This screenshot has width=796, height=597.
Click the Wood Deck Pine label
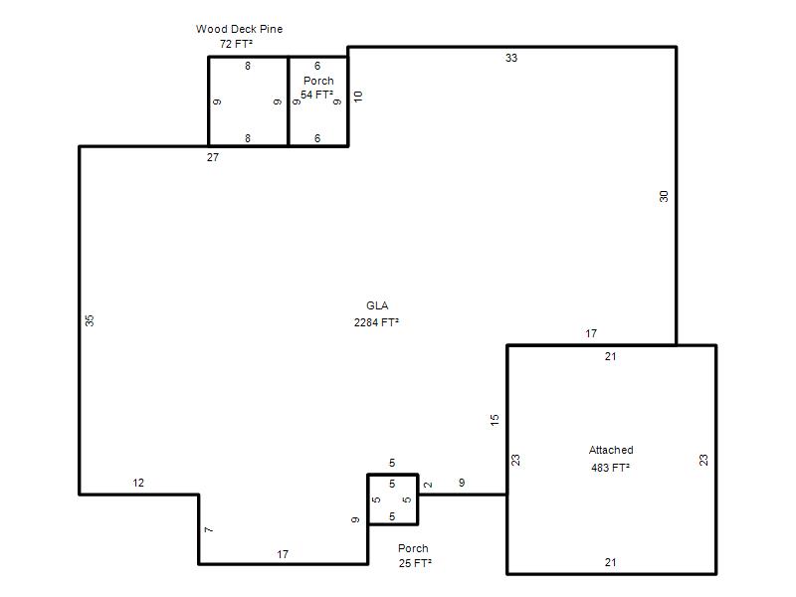[x=239, y=29]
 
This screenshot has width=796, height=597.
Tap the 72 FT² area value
[x=236, y=44]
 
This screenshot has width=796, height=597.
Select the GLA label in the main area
[x=377, y=305]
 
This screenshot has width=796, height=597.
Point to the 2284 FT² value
[x=376, y=322]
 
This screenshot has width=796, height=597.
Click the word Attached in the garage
[x=611, y=450]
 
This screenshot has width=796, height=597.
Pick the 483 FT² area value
[x=610, y=468]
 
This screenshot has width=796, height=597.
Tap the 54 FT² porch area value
[x=316, y=95]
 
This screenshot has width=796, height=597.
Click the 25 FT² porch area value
[x=415, y=563]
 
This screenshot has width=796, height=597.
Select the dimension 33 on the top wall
[x=511, y=58]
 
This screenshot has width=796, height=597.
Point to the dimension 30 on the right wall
[x=664, y=196]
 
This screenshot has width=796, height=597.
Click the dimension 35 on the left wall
[x=90, y=320]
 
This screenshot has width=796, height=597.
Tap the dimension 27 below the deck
[x=213, y=157]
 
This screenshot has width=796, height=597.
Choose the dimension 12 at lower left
[x=138, y=483]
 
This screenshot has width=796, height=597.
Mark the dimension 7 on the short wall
[x=209, y=530]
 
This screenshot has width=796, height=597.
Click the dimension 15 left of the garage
[x=495, y=420]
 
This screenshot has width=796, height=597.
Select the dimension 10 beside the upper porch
[x=358, y=97]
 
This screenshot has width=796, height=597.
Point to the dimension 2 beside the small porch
[x=428, y=485]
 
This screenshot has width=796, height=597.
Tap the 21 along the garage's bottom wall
[x=611, y=562]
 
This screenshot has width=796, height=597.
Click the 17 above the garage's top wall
[x=591, y=333]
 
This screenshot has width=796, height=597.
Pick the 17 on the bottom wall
[x=283, y=554]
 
